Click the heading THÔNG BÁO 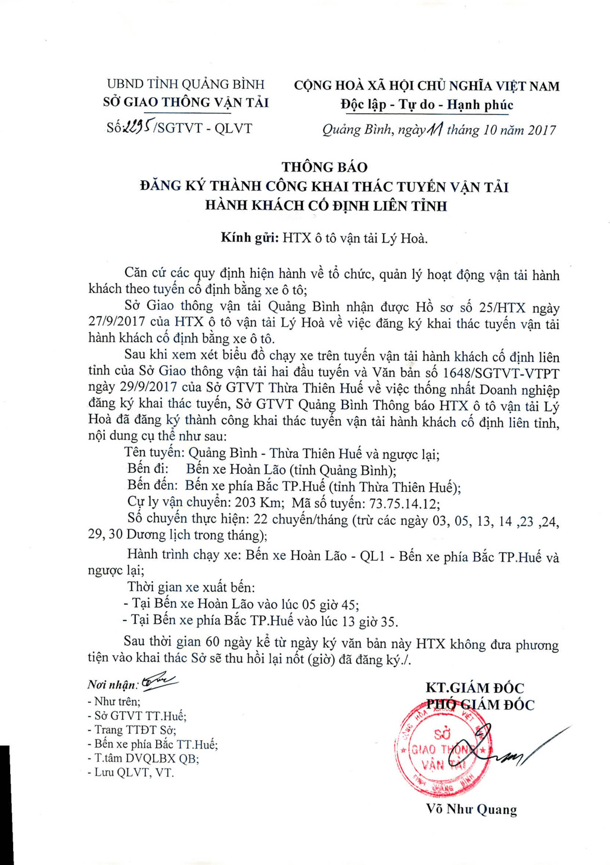click(x=325, y=167)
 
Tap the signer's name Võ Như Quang click(x=471, y=810)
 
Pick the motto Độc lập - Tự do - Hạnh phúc click(x=427, y=106)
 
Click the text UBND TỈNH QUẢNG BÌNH click(x=185, y=84)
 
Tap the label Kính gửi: click(x=249, y=238)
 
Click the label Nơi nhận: click(x=112, y=685)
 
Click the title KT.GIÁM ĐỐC click(x=475, y=688)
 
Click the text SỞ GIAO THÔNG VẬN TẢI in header click(x=186, y=103)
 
